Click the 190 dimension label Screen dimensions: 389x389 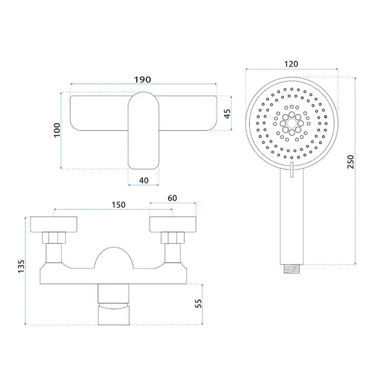tap(143, 79)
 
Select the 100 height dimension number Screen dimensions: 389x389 tap(57, 130)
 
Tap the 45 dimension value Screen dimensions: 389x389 tap(227, 114)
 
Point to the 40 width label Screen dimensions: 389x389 tap(144, 181)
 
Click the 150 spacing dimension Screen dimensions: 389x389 tap(118, 204)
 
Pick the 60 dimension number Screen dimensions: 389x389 tap(172, 198)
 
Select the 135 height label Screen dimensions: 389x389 tap(21, 266)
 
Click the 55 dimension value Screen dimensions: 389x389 tap(198, 303)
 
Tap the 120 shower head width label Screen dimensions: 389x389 tap(291, 64)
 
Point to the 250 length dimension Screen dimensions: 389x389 tap(350, 162)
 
